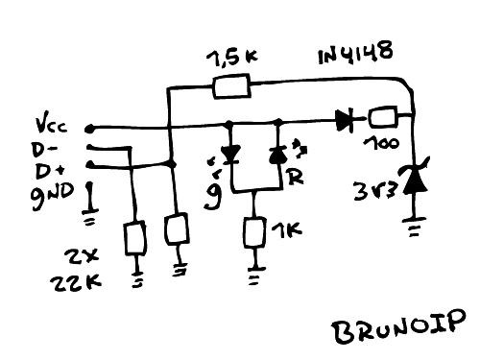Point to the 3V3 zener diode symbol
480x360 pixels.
(x=414, y=178)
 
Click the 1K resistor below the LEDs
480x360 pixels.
(x=254, y=232)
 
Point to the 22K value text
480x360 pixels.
(x=66, y=284)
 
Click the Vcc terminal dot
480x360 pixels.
(x=90, y=127)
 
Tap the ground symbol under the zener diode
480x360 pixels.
(x=414, y=230)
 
